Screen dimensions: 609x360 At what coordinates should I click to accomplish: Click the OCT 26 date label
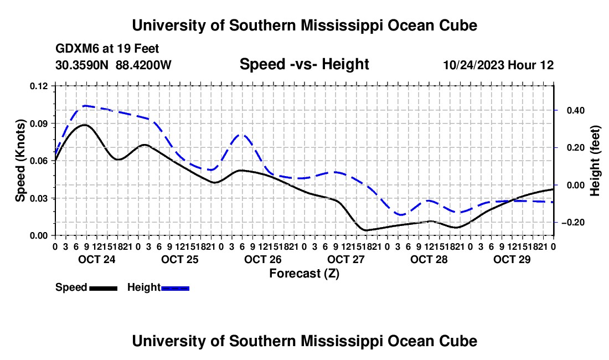coord(263,259)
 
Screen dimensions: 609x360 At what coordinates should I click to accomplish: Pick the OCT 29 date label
coord(512,259)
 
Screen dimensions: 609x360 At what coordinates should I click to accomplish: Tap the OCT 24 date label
coord(97,259)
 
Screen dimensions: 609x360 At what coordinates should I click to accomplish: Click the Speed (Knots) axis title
coord(20,161)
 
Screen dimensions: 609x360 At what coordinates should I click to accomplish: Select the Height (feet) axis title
coord(595,161)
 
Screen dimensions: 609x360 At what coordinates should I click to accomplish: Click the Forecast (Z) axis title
coord(304,274)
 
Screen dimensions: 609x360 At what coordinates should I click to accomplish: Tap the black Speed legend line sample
coord(104,288)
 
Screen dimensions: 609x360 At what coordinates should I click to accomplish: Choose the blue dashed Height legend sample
coord(175,288)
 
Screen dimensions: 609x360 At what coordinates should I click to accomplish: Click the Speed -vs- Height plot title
coord(304,64)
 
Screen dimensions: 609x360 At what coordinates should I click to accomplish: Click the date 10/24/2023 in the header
coord(473,65)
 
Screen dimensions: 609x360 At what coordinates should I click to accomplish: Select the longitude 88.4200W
coord(143,65)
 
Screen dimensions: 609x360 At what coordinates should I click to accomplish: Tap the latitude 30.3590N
coord(82,65)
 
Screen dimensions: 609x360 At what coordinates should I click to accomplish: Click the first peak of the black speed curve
coord(84,125)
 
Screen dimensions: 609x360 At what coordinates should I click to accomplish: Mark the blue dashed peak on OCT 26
coord(242,135)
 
